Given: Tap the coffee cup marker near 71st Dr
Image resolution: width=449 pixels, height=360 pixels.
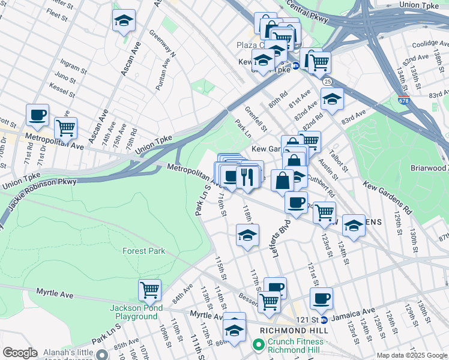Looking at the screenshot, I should (37, 114).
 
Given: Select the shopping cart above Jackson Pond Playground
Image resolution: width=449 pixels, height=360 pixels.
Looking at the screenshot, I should (149, 290).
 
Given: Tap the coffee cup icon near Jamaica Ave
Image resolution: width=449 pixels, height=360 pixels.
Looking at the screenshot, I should (321, 298).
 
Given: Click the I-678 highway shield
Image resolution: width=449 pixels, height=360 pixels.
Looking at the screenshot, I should (404, 100).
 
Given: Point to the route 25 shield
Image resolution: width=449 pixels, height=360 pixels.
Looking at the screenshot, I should (327, 81).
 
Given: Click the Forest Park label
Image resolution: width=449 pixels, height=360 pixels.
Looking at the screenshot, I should (143, 251).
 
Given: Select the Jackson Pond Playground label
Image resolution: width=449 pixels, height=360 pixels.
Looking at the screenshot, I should (133, 313).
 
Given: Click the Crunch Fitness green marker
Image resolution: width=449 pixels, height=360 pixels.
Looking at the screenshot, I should (259, 344).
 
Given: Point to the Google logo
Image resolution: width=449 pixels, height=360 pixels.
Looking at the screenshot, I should (20, 353).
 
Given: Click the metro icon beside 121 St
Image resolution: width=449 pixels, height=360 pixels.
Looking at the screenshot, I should (324, 320).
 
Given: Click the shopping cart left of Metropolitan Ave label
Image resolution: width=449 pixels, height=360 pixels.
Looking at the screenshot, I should (65, 127).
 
